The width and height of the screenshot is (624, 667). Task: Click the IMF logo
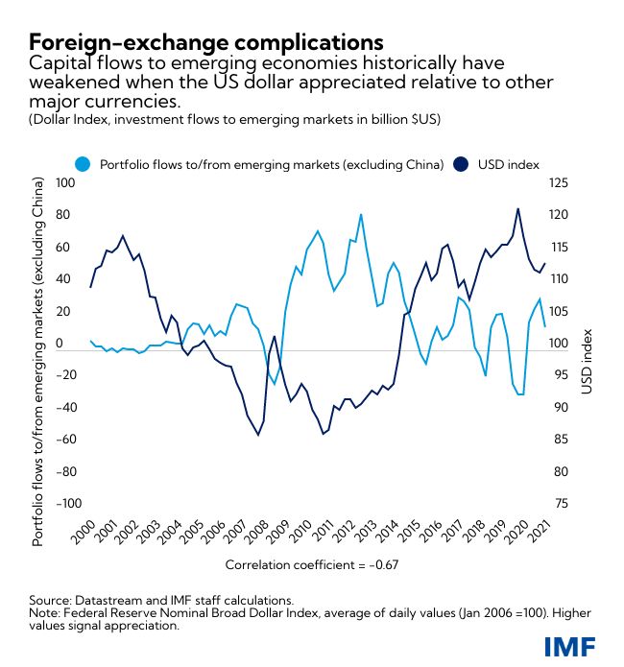[568, 646]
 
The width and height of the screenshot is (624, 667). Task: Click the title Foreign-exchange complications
[205, 43]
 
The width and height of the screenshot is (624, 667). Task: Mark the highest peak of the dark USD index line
[518, 208]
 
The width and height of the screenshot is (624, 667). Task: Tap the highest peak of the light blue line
[360, 214]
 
